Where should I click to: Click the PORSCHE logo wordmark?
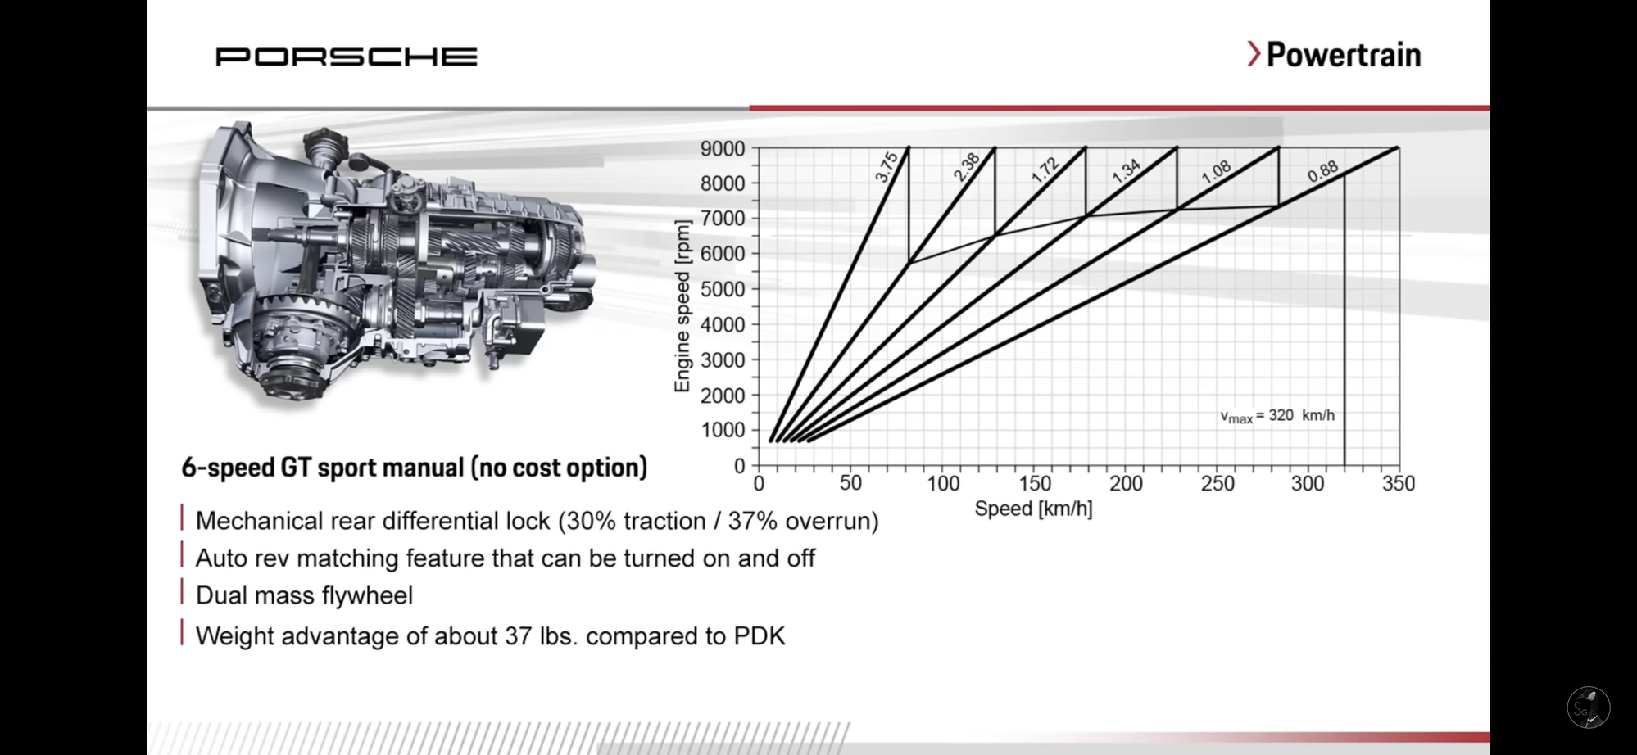(346, 57)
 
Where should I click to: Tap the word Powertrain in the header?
(1344, 55)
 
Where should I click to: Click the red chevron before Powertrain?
(1254, 54)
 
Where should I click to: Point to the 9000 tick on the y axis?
(722, 148)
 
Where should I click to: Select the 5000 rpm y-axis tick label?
(722, 289)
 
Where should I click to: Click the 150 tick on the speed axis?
(1035, 483)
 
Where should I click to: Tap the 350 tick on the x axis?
(1399, 483)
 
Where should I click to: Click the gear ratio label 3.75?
(887, 166)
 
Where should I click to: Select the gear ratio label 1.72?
(1045, 170)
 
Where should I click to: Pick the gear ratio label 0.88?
(1322, 171)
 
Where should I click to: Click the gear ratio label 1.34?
(1126, 170)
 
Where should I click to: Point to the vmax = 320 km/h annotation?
(1277, 416)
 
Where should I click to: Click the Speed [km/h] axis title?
(1033, 509)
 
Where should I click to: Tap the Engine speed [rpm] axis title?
(682, 306)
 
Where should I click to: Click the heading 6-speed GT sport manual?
(414, 468)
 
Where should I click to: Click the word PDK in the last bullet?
(760, 636)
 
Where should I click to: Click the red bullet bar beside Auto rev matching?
(182, 555)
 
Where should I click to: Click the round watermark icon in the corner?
(1589, 708)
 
